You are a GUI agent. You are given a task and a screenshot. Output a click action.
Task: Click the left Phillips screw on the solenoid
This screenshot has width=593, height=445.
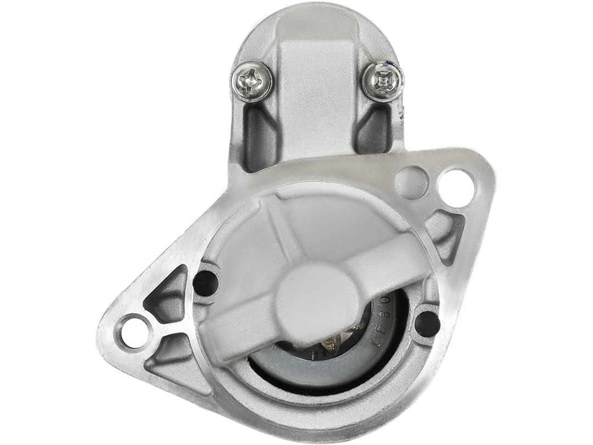click(251, 81)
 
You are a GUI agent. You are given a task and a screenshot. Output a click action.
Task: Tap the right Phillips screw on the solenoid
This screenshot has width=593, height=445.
click(384, 81)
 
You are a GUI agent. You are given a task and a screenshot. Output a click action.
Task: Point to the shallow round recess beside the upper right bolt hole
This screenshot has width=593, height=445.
click(412, 182)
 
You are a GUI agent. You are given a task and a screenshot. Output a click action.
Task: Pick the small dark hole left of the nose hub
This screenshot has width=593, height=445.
click(206, 282)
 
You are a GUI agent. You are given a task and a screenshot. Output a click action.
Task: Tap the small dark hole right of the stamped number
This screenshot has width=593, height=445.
click(427, 324)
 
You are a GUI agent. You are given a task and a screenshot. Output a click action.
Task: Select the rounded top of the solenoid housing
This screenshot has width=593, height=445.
click(316, 22)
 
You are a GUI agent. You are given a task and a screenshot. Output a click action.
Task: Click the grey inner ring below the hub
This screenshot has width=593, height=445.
click(318, 374)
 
